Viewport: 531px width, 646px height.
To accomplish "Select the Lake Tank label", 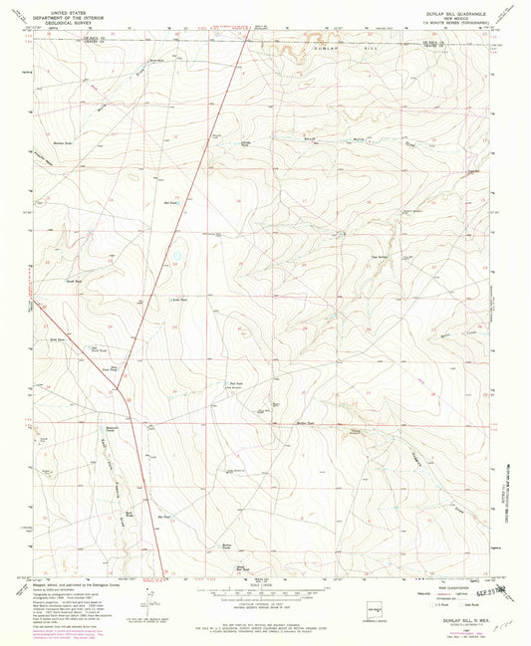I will (180, 298).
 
